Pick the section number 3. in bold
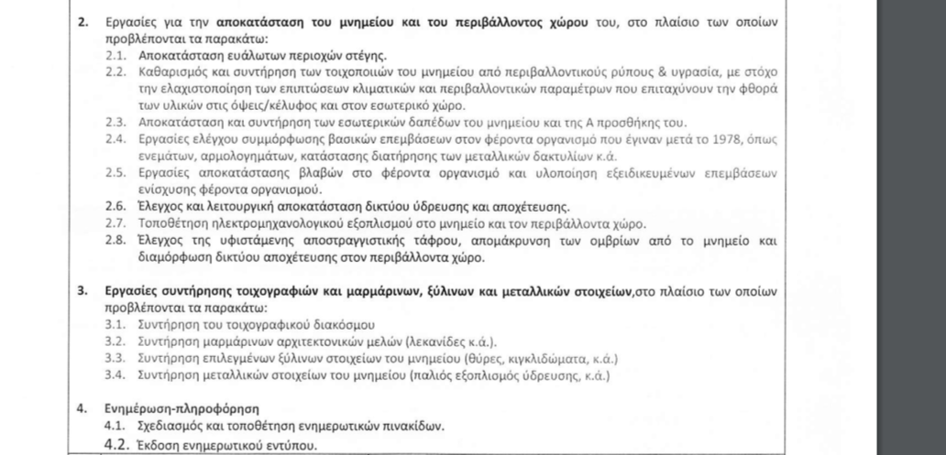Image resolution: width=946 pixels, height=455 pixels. [82, 292]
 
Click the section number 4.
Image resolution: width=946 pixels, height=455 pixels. [82, 408]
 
